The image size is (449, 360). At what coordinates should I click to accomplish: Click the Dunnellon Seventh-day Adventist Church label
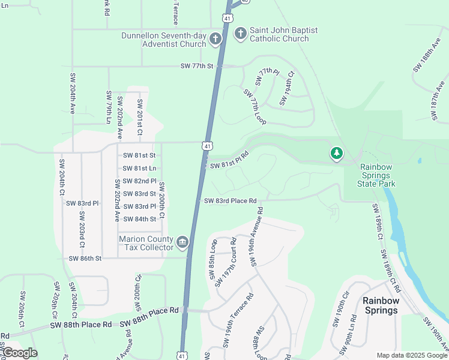point(163,40)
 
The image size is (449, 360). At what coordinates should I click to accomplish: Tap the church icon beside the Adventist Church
point(215,39)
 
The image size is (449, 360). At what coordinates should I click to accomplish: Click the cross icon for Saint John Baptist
point(240,33)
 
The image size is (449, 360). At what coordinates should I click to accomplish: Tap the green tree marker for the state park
point(337,154)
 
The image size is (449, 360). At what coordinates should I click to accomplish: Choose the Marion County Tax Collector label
point(146,243)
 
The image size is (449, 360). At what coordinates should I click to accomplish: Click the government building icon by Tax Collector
point(182,242)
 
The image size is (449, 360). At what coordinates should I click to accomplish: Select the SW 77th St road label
point(196,66)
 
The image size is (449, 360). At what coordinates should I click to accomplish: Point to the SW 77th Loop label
point(255,107)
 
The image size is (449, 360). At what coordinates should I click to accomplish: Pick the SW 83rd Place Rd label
point(230,201)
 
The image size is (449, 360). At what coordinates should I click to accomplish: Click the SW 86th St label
point(85,259)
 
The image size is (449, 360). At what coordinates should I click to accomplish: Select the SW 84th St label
point(139,219)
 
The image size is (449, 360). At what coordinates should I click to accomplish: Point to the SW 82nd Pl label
point(139,181)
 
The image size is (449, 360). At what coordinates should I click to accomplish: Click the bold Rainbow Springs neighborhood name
point(380,305)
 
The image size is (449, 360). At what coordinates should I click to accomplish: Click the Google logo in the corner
point(20,353)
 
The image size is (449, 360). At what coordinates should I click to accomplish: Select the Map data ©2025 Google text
point(411,355)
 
